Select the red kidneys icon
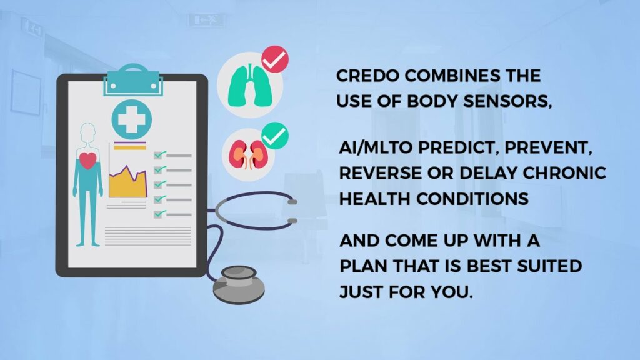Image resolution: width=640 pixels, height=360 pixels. tap(246, 154)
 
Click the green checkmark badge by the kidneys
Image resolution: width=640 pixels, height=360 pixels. tap(274, 135)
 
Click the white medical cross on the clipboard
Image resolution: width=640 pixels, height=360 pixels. tap(131, 118)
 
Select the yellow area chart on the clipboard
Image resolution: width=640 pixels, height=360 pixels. tap(127, 182)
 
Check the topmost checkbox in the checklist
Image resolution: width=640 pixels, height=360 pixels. tap(159, 154)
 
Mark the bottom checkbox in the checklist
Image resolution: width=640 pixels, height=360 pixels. tap(159, 213)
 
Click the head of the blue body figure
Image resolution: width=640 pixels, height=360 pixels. tap(88, 132)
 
